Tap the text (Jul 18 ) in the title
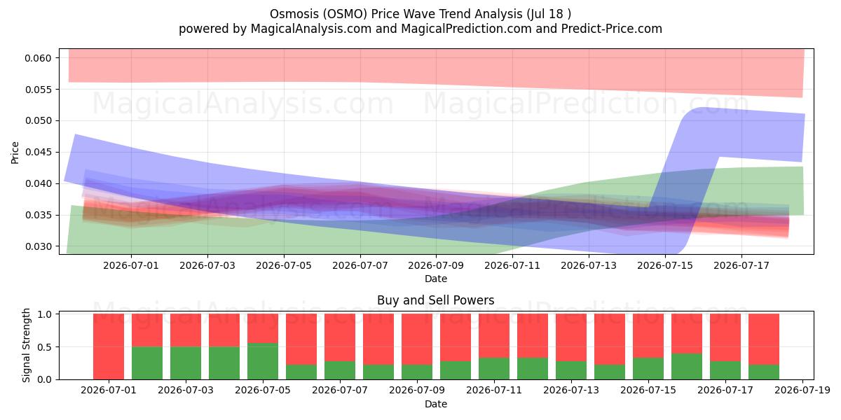[549, 14]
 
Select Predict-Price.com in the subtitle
[612, 29]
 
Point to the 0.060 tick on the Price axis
[38, 58]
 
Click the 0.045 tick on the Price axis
[38, 153]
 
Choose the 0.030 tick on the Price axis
[38, 246]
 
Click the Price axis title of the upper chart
[15, 153]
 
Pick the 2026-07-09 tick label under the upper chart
[436, 265]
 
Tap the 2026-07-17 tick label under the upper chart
[741, 265]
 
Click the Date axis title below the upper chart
[436, 279]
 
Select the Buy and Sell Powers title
[435, 300]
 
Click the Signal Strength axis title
[26, 345]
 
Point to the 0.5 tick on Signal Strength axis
[45, 347]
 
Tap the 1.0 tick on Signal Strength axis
[45, 314]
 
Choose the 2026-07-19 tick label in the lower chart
[802, 391]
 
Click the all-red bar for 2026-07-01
[109, 346]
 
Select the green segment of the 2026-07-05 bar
[263, 361]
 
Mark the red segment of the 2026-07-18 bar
[764, 339]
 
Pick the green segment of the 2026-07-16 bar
[687, 366]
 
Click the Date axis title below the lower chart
[436, 404]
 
